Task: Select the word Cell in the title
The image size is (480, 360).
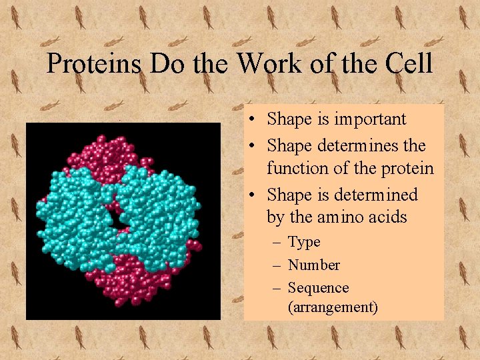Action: [x=409, y=65]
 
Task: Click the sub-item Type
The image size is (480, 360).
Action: [x=304, y=242]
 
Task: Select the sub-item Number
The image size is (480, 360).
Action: [x=314, y=265]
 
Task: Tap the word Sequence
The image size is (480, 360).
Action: [x=318, y=288]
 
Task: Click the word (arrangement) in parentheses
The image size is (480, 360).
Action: [x=333, y=307]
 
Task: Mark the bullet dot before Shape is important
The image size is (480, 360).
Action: [x=255, y=120]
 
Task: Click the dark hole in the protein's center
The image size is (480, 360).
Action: [x=121, y=221]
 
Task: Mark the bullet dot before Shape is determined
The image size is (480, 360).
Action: [x=255, y=195]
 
